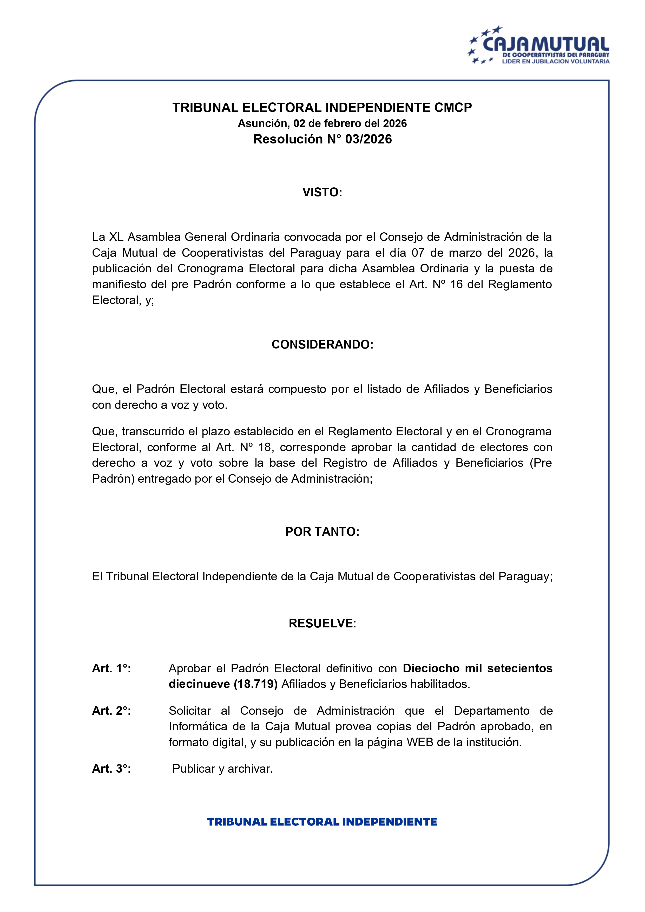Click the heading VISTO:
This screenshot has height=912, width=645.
click(x=322, y=192)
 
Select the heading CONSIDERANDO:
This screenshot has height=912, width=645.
click(x=322, y=344)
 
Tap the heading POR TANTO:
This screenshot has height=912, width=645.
click(x=322, y=532)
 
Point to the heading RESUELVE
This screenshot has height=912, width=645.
click(x=321, y=623)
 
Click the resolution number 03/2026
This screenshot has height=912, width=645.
click(x=368, y=139)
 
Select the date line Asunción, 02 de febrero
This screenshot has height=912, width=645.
click(x=322, y=123)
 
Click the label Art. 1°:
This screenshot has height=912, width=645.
click(x=111, y=668)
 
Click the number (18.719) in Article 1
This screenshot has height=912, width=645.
click(x=255, y=684)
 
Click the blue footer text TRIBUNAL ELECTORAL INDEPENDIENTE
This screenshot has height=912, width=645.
click(x=322, y=822)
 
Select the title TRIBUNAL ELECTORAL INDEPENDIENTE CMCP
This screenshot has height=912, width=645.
click(x=322, y=108)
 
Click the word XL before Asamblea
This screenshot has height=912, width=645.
click(x=116, y=237)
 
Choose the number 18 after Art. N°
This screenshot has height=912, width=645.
click(x=265, y=447)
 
